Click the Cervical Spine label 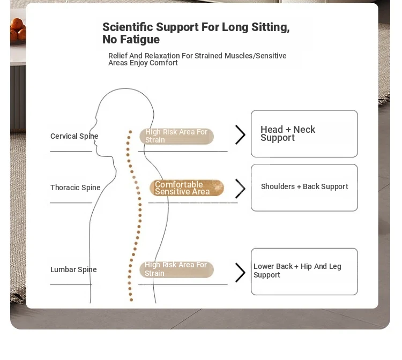point(75,136)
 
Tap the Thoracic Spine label point(76,187)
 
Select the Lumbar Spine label point(73,269)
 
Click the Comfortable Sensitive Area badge point(187,188)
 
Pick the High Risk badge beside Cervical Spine point(177,136)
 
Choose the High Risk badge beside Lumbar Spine point(177,269)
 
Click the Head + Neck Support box point(304,134)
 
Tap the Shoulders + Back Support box point(304,187)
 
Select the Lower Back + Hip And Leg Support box point(304,272)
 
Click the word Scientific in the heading point(127,27)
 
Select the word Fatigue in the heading point(140,40)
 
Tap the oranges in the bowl point(18,29)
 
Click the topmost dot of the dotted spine point(130,132)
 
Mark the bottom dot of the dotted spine point(131,300)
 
